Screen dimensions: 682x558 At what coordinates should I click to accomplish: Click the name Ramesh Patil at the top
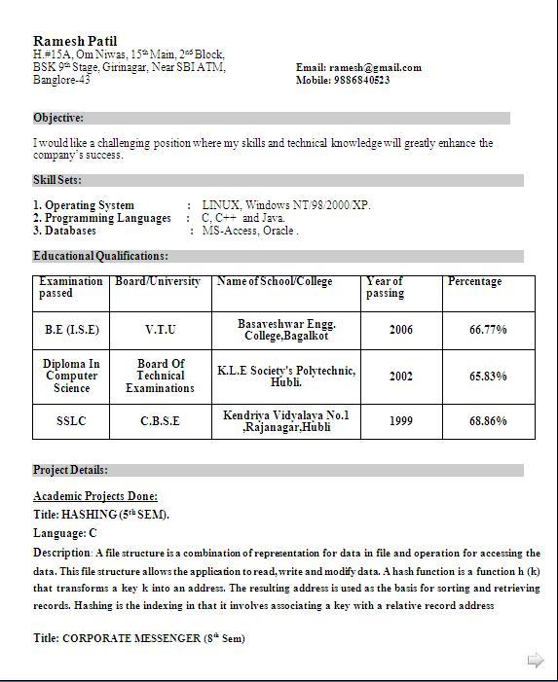pyautogui.click(x=75, y=41)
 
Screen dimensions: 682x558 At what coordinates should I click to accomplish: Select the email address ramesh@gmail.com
pyautogui.click(x=375, y=67)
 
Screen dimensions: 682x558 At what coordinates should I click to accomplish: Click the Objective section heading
pyautogui.click(x=58, y=118)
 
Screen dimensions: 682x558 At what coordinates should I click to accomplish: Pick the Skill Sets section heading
pyautogui.click(x=57, y=180)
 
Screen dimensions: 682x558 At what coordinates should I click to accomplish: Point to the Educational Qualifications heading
pyautogui.click(x=100, y=256)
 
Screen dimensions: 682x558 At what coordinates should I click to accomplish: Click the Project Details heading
pyautogui.click(x=70, y=470)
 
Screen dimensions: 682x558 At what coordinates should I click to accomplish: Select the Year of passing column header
pyautogui.click(x=386, y=287)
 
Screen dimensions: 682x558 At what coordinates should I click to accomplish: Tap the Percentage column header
pyautogui.click(x=474, y=281)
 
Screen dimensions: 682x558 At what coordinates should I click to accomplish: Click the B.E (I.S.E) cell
pyautogui.click(x=72, y=330)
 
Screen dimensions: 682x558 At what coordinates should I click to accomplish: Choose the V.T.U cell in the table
pyautogui.click(x=161, y=330)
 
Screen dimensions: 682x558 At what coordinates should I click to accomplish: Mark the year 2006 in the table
pyautogui.click(x=401, y=330)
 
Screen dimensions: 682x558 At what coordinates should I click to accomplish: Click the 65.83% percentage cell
pyautogui.click(x=488, y=376)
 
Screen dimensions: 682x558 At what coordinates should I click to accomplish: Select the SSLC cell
pyautogui.click(x=71, y=421)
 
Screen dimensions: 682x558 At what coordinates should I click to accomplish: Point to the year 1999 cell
pyautogui.click(x=401, y=421)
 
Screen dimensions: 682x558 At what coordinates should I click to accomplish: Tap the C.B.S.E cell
pyautogui.click(x=161, y=421)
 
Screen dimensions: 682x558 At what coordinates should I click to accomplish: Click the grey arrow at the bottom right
pyautogui.click(x=535, y=661)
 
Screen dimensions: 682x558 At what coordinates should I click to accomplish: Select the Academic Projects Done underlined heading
pyautogui.click(x=95, y=496)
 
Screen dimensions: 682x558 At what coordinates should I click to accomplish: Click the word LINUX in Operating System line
pyautogui.click(x=220, y=205)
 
